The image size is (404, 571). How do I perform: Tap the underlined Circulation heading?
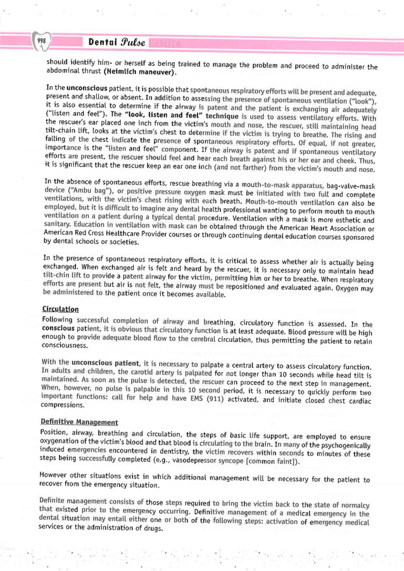[60, 310]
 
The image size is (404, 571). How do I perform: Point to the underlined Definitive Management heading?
[79, 422]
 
